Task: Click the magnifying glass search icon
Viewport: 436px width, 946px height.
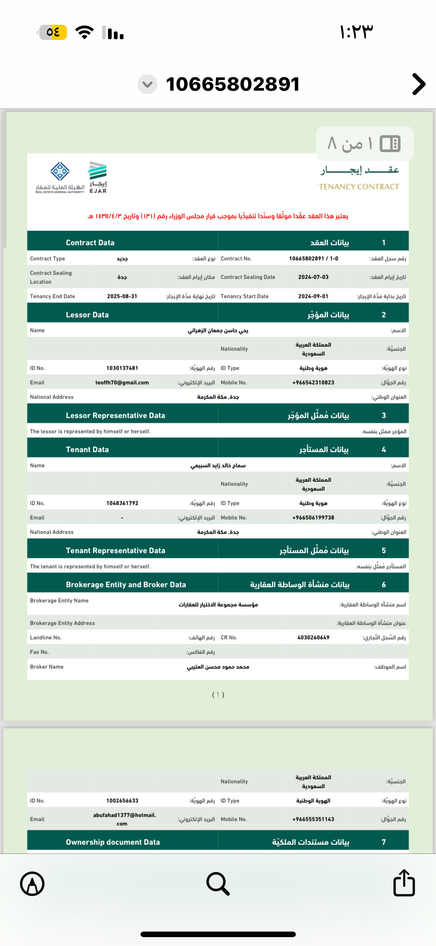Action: click(218, 883)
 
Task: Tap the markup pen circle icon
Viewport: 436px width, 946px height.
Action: click(33, 883)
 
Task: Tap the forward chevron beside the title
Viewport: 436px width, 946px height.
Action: click(419, 84)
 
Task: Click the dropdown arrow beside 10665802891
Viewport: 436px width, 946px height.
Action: click(147, 84)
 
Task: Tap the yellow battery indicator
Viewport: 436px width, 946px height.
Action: click(53, 33)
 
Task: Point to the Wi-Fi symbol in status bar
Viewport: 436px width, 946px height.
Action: click(85, 33)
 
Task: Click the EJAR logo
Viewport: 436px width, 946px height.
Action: click(98, 177)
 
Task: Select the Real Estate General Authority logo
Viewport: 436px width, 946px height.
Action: click(60, 177)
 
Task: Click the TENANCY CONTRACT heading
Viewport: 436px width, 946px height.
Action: click(359, 187)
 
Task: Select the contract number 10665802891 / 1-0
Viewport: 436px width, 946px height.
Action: click(313, 259)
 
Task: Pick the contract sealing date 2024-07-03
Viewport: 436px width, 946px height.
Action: click(313, 277)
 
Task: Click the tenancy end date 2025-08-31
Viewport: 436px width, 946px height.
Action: click(122, 296)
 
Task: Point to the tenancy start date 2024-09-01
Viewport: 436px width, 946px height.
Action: click(313, 296)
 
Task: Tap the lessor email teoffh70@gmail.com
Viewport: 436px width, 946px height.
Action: click(122, 383)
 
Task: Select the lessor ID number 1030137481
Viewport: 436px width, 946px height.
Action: click(122, 368)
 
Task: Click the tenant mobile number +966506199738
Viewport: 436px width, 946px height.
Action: click(313, 518)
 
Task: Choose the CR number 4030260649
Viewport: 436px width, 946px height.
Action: click(313, 638)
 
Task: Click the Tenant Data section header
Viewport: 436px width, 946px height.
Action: click(87, 450)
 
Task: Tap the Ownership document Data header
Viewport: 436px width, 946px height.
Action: click(113, 842)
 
